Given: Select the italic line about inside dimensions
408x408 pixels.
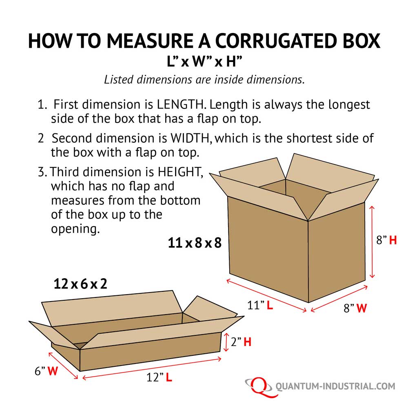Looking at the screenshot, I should (204, 79).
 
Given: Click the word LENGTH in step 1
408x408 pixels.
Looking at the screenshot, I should (182, 104).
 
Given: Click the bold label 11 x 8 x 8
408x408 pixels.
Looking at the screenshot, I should (195, 243).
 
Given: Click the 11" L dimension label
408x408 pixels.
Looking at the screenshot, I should (259, 305).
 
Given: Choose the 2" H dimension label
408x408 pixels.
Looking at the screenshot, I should (241, 342).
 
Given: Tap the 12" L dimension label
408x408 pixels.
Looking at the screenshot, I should (160, 378).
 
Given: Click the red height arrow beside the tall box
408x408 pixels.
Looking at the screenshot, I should (371, 242).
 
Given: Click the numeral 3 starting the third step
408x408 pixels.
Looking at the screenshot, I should (41, 172).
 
